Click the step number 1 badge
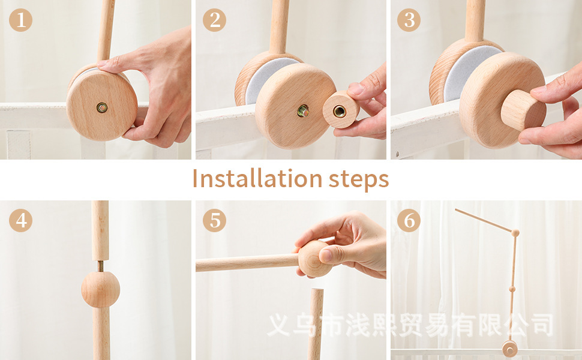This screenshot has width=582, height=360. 20,20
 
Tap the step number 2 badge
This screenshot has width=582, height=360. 214,20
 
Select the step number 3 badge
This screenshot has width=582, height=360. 409,20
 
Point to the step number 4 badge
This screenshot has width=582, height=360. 20,220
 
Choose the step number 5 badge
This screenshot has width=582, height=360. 214,220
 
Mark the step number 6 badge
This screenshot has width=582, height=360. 409,220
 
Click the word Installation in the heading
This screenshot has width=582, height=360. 257,179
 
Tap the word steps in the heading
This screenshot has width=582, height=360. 359,180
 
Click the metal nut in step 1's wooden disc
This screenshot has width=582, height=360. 102,107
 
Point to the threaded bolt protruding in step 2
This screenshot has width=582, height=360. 303,110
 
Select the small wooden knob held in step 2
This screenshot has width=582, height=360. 341,109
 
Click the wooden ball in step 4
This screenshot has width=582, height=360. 101,289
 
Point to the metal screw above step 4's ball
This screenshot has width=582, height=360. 100,266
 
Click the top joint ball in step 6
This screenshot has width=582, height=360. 515,233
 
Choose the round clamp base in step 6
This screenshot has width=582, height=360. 509,349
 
